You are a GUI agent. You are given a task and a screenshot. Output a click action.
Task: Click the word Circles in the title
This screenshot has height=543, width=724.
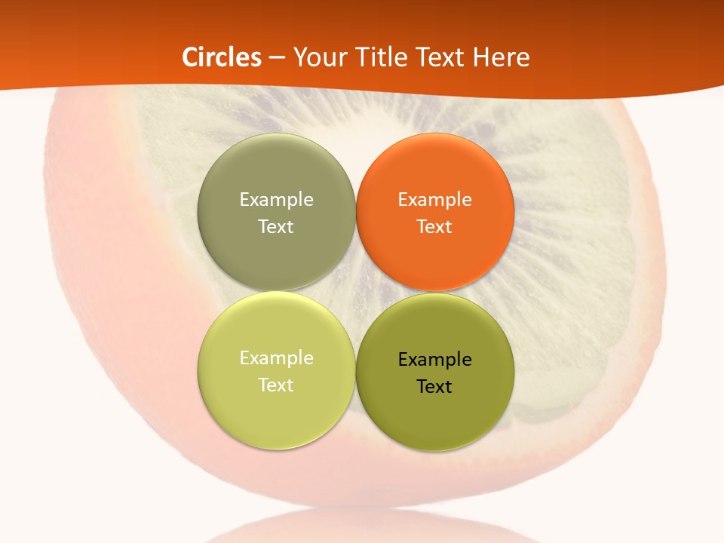[222, 57]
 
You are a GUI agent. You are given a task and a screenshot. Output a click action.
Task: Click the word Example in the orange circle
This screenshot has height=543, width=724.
[435, 200]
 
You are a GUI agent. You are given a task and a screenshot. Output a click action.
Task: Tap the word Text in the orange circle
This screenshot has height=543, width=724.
[435, 226]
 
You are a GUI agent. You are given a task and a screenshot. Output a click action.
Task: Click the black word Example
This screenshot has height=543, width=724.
[435, 360]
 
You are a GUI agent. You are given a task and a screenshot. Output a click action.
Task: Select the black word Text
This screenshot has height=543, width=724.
[435, 386]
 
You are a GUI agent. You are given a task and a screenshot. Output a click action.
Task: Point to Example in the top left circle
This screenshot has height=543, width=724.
[276, 200]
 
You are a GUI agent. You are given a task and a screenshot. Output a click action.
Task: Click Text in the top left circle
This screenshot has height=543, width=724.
[276, 226]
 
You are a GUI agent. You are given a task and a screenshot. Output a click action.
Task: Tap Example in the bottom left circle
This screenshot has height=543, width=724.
[276, 358]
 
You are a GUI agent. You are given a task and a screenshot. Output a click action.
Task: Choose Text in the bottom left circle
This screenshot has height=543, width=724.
[276, 385]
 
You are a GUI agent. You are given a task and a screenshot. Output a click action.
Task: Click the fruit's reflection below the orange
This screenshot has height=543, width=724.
[362, 528]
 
